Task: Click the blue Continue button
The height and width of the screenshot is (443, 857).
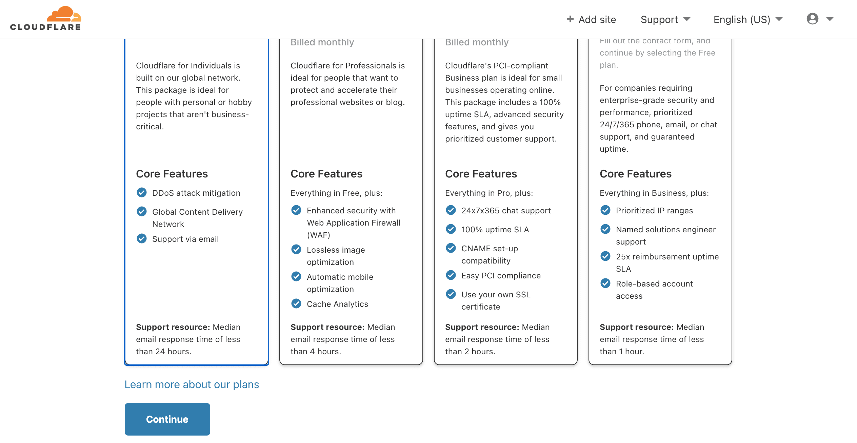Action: [167, 419]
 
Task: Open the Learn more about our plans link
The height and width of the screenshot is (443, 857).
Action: [192, 384]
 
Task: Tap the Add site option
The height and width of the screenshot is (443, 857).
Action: [591, 19]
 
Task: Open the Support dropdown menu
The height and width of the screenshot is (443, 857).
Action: [665, 19]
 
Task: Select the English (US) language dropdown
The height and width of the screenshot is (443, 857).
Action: [748, 19]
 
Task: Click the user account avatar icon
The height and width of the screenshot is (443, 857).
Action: [813, 19]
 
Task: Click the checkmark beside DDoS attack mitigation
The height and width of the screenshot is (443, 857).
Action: [142, 192]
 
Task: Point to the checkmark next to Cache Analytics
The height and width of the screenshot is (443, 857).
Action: [296, 303]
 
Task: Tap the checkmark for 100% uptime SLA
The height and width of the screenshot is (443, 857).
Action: [451, 229]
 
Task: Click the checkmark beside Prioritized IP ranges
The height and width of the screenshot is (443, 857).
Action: [605, 210]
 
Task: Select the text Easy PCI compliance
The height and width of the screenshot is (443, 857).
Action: [501, 276]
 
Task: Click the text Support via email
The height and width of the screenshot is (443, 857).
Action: [185, 239]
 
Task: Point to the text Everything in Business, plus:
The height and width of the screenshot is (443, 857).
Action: [654, 193]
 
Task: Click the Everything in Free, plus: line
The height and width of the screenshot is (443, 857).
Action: [337, 193]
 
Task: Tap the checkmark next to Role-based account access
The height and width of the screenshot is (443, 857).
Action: [605, 283]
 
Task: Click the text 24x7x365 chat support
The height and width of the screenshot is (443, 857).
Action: [506, 211]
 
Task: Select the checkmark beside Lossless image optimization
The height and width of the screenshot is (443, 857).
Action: [296, 249]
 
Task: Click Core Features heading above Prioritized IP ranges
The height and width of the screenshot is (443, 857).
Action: [636, 174]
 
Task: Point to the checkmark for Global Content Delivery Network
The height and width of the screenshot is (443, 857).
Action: [142, 211]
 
